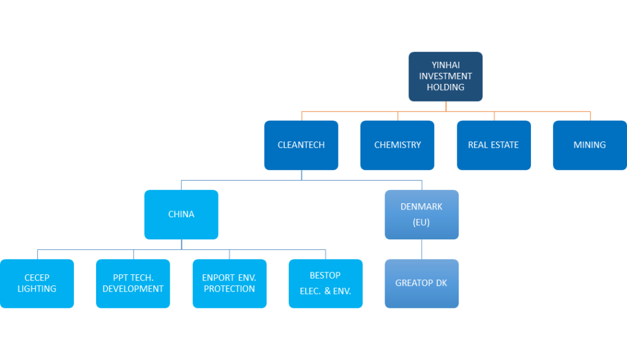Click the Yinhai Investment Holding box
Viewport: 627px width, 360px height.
445,76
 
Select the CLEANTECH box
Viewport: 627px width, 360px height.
301,145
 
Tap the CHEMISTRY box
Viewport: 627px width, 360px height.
397,145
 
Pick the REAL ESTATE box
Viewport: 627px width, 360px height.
494,145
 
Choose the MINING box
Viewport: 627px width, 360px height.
590,145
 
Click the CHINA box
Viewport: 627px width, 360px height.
181,214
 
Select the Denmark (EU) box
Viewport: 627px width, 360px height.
421,214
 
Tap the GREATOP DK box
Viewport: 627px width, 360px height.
421,283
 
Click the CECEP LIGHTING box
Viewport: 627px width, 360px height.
37,283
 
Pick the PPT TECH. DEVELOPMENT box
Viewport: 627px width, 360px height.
133,283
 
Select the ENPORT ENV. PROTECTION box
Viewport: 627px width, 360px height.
229,283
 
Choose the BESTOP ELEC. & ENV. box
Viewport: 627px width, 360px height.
325,283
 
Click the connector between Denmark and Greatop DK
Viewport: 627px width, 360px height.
421,249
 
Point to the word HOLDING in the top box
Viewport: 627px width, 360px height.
445,87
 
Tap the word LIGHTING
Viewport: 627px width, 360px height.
37,289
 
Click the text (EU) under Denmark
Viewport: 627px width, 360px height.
421,222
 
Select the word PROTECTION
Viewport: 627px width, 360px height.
229,289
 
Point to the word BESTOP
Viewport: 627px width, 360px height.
325,276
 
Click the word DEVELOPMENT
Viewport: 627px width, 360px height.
133,289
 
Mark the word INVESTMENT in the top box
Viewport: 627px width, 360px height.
445,76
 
